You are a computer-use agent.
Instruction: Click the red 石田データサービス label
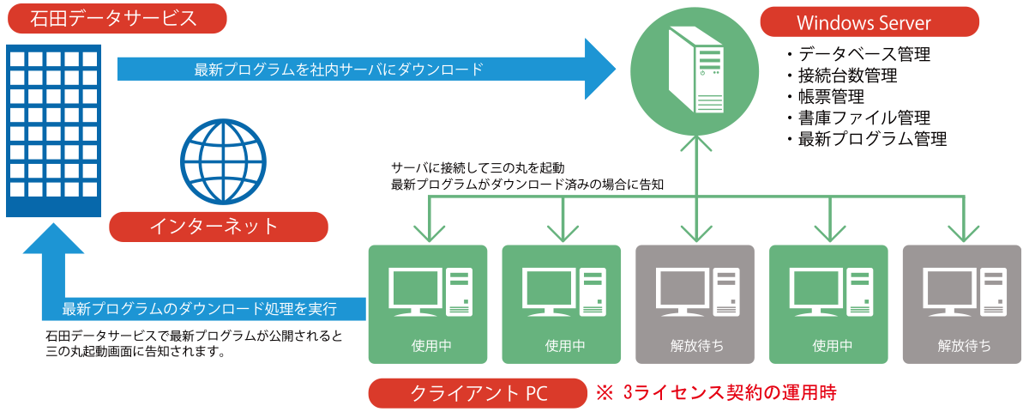(116, 19)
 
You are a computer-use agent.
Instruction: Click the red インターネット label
(219, 227)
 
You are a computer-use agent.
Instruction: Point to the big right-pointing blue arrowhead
(600, 69)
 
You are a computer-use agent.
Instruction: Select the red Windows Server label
(870, 23)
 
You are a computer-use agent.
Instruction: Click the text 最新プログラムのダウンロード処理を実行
(200, 307)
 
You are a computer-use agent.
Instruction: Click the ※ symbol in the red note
(605, 393)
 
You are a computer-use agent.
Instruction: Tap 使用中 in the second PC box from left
(562, 346)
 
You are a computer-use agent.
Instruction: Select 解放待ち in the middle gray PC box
(695, 346)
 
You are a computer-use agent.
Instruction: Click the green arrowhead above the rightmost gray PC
(963, 232)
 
